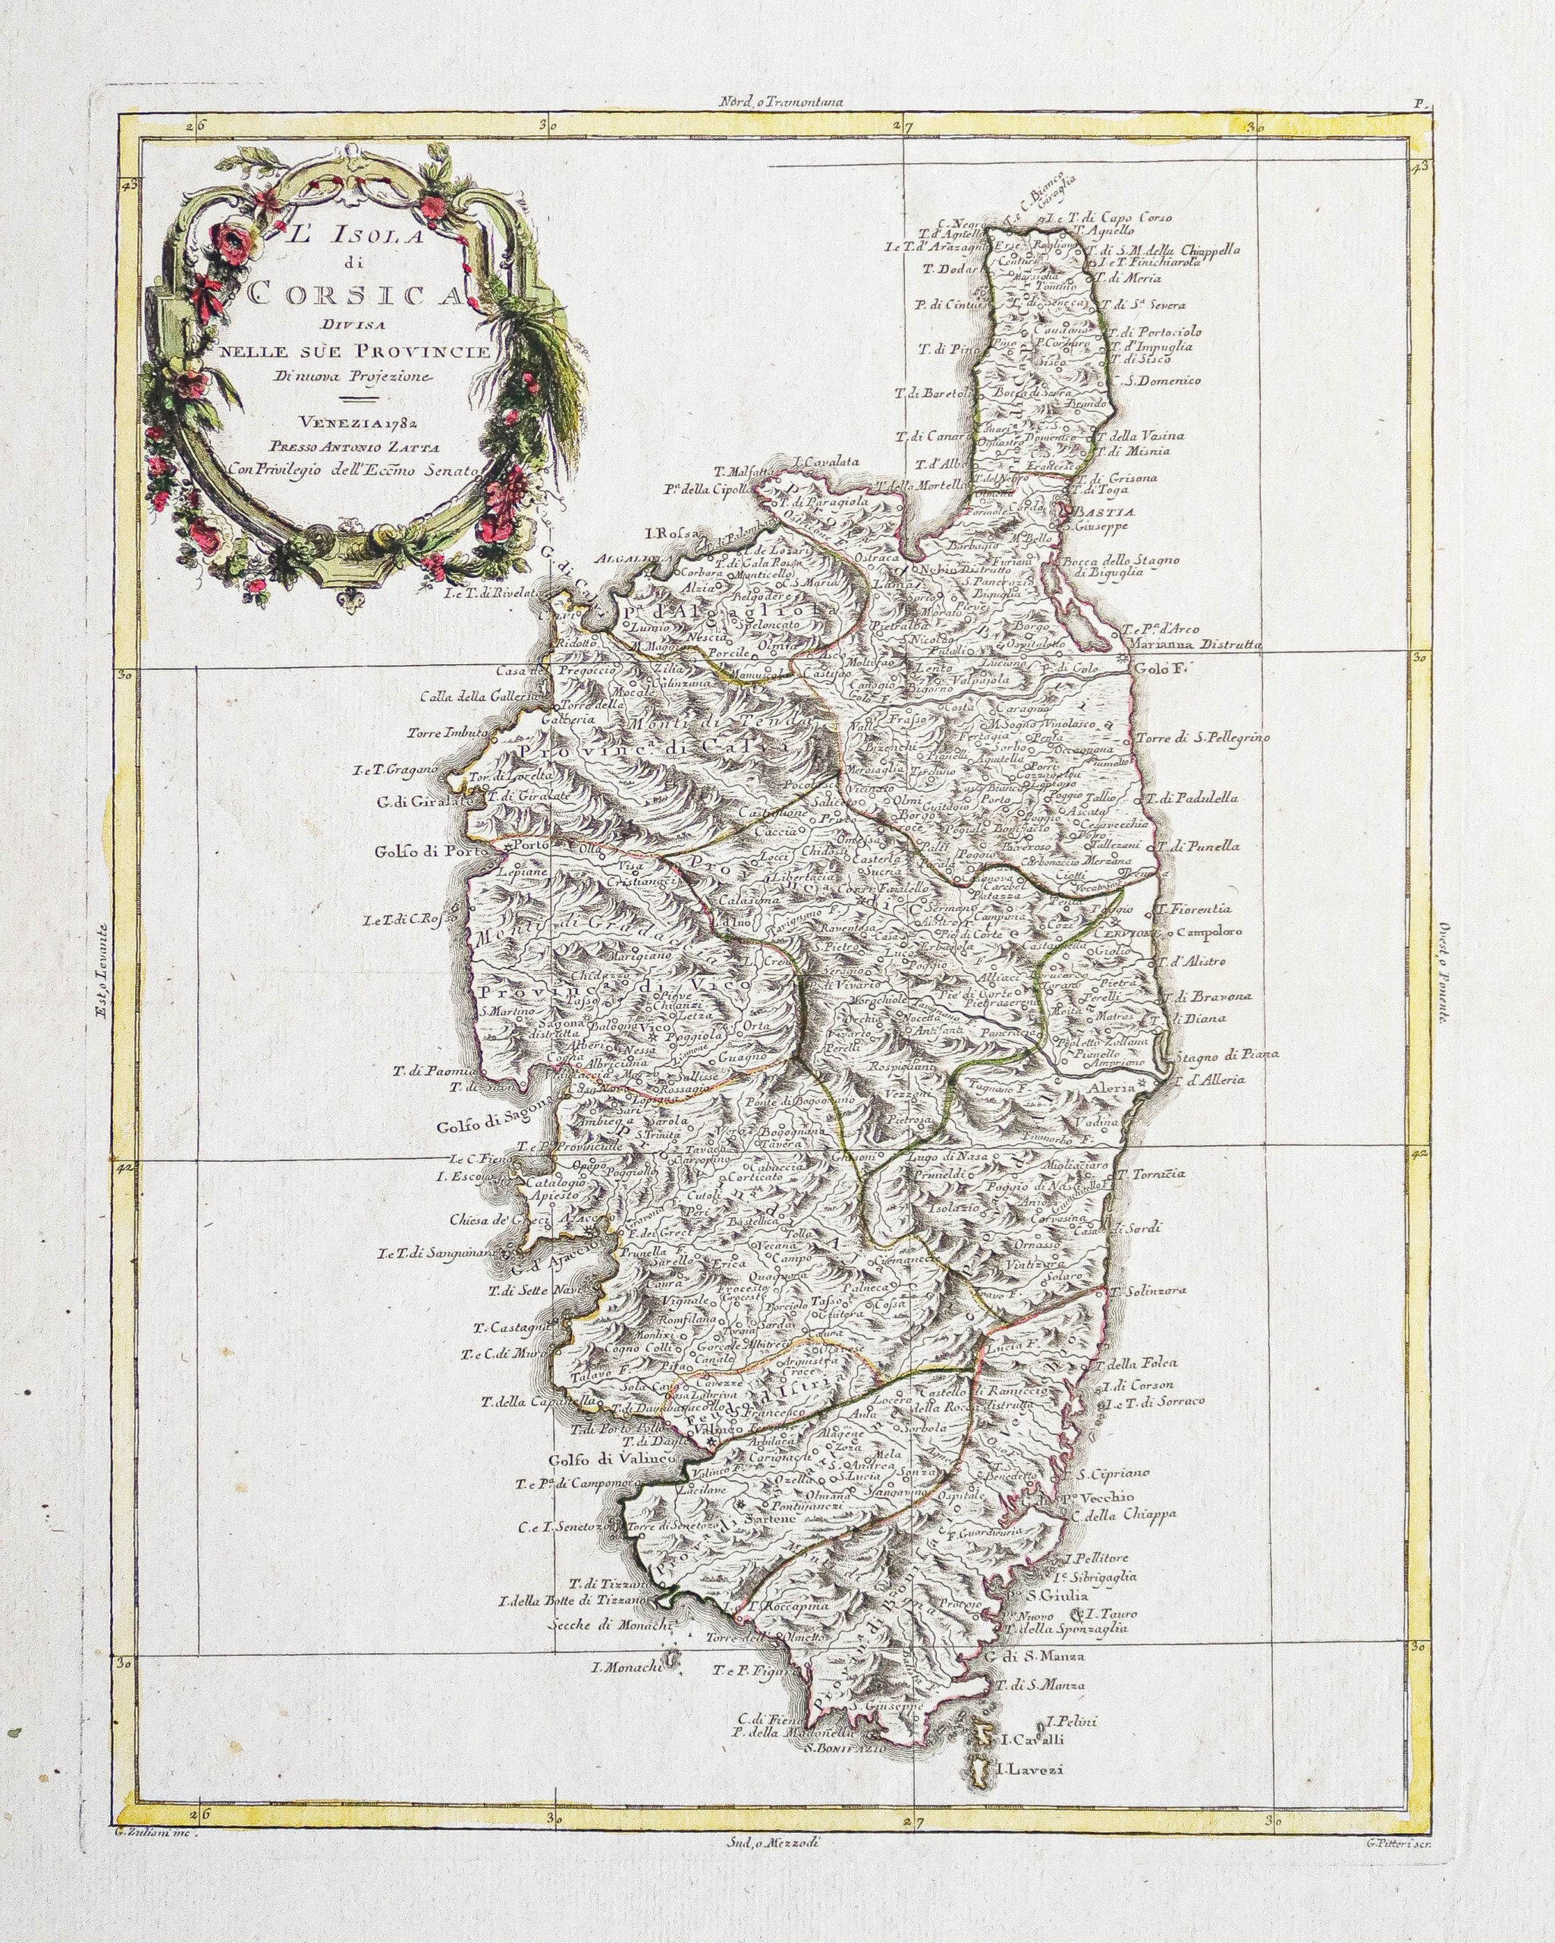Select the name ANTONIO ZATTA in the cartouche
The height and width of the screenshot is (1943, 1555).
[x=383, y=443]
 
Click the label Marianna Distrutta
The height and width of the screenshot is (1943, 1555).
[x=1191, y=645]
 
